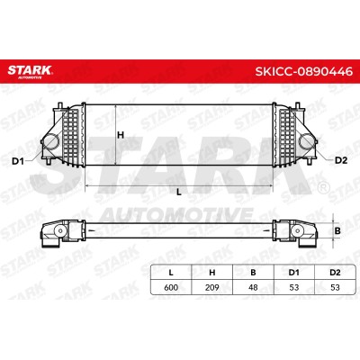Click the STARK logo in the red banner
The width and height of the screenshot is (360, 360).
coord(30,71)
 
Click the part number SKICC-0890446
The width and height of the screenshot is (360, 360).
coord(303,71)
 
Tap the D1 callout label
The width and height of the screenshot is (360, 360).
coord(18,161)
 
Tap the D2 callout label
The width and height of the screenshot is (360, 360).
coord(341,160)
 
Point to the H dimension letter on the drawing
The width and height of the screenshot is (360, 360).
coord(121,135)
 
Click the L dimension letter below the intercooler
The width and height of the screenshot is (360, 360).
coord(179,192)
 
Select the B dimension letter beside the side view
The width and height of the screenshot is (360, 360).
coord(337,230)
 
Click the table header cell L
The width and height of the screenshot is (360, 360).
coord(171,273)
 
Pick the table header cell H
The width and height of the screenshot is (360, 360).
coord(212,273)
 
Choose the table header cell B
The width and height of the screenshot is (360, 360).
coord(253,273)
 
